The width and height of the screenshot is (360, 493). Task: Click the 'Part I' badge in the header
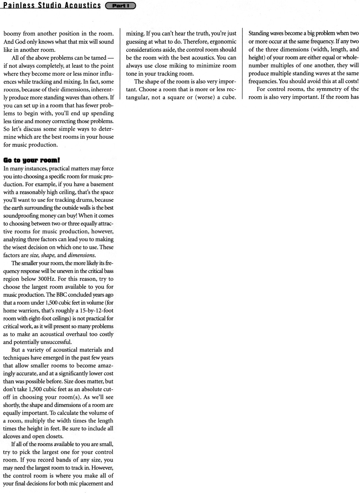tap(121, 5)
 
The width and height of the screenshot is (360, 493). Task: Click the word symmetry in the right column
tap(328, 89)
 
